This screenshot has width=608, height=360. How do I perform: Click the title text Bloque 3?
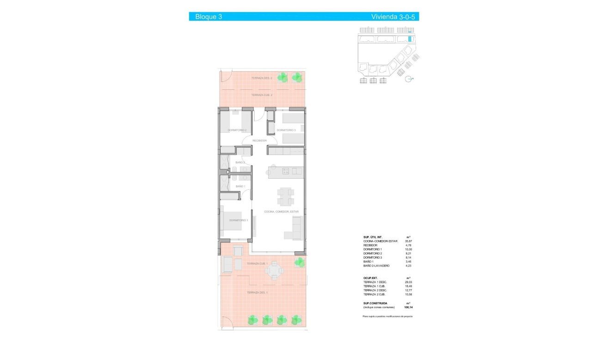tap(209, 17)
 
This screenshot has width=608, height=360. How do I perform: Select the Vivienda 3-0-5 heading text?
tap(394, 17)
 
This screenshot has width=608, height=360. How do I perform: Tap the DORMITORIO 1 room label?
tap(239, 220)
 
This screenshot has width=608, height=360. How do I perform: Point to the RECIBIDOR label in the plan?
tap(259, 140)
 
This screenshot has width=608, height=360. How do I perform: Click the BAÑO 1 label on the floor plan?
tap(240, 186)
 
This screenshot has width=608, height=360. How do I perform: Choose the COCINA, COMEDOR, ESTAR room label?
tap(281, 211)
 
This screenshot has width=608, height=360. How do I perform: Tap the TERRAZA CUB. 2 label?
tap(261, 95)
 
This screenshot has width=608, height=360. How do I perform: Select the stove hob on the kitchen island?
tap(286, 171)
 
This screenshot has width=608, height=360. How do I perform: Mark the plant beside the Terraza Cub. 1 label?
tap(300, 262)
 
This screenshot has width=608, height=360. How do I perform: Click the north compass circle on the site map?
tap(408, 79)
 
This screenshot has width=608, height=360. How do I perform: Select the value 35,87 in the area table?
tap(408, 241)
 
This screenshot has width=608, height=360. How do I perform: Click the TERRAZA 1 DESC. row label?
tap(375, 282)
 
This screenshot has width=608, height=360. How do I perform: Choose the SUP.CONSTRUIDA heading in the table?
tap(376, 303)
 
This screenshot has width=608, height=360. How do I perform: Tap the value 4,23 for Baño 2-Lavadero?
tap(408, 266)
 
